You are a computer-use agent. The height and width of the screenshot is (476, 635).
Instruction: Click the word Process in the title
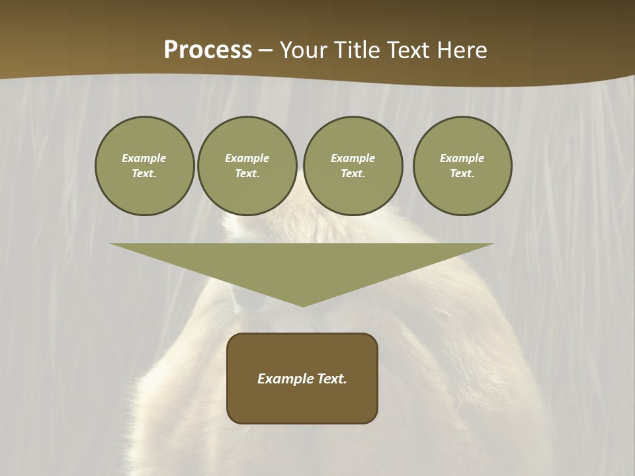pos(208,50)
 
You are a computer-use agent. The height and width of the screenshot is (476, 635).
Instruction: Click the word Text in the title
pos(409,50)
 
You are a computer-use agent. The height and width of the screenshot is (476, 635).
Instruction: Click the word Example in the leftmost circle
pos(144,158)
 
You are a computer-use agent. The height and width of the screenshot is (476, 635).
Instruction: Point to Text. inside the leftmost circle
pos(144,174)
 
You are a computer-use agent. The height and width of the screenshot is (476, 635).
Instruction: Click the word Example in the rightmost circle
pos(462,158)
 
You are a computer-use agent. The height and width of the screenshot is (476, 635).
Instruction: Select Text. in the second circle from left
pos(247,174)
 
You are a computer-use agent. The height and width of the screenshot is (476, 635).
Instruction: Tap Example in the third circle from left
pos(353,158)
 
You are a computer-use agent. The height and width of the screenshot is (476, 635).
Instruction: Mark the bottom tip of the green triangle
pos(303,306)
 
